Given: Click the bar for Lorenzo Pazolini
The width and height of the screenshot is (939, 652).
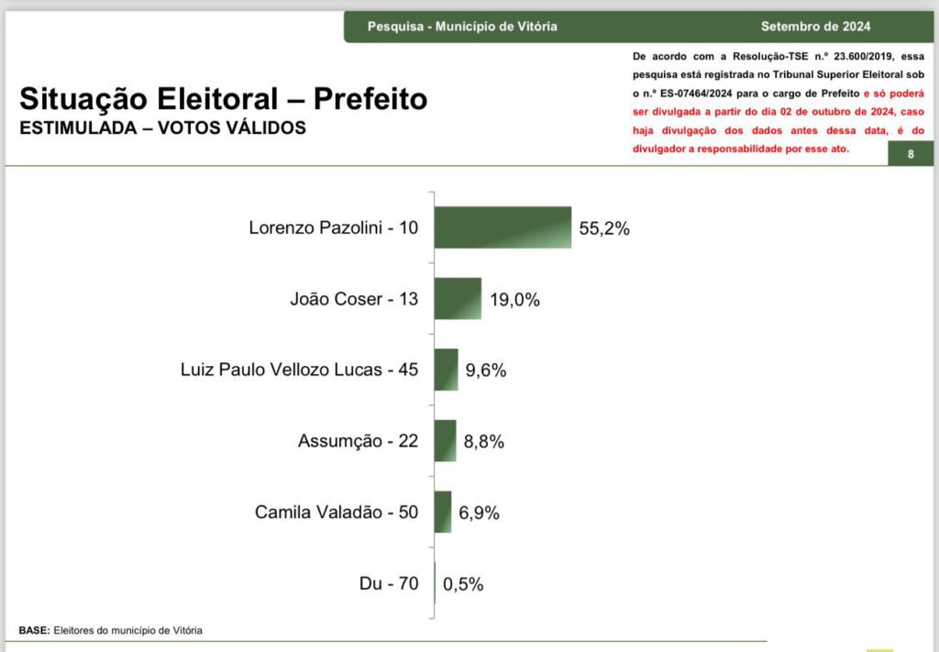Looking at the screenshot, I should tap(503, 227).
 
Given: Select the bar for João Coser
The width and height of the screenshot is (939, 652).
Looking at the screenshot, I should tap(458, 298).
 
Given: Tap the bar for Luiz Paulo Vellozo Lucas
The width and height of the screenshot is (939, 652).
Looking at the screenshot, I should tap(447, 370).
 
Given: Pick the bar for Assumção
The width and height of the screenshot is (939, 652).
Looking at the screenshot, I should tap(446, 441).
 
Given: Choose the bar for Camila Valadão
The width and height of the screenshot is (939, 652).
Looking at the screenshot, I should tap(443, 512).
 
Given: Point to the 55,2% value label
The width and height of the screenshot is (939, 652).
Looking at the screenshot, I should tap(604, 228).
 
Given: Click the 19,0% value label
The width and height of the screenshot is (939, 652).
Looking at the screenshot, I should tap(514, 299).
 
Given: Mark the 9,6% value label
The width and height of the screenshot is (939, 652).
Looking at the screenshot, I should tap(486, 370).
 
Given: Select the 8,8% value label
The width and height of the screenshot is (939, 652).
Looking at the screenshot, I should tap(484, 442).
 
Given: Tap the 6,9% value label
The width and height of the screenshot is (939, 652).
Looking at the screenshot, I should tap(480, 513).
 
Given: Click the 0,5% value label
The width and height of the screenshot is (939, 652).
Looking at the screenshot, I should tap(463, 584).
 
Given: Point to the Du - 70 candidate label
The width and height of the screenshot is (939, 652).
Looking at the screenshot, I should tap(389, 583).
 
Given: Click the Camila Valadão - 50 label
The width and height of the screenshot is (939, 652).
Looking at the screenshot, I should tap(337, 512).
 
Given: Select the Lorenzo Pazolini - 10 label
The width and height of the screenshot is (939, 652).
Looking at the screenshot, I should tap(333, 227).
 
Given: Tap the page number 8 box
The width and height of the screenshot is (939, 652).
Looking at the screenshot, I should tap(911, 154).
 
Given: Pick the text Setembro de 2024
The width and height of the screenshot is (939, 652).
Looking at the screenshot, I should tap(815, 27).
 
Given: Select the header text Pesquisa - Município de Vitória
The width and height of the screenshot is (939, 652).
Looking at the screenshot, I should tap(462, 27).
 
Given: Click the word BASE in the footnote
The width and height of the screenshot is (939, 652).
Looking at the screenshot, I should tap(34, 631).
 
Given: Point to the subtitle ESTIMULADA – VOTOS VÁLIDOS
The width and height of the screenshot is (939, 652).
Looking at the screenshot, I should tap(163, 128).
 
